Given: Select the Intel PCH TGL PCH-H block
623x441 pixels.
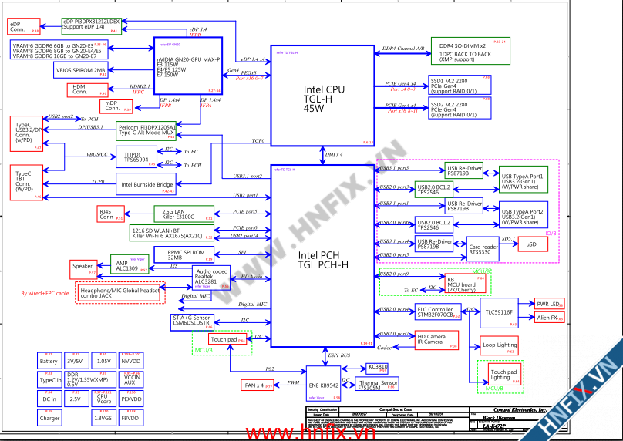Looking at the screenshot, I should [x=323, y=258].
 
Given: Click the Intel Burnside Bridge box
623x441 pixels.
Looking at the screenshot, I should [x=147, y=184].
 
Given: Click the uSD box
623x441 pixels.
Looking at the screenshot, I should [x=531, y=244].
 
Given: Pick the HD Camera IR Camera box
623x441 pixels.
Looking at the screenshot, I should [x=436, y=339].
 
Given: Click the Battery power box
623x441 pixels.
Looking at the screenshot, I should [x=49, y=361].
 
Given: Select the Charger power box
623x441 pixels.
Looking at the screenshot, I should [x=49, y=418].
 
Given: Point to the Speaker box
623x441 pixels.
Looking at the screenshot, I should [x=83, y=266].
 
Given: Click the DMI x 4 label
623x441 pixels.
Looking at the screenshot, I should [x=334, y=155].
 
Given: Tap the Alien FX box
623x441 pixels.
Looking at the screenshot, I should [x=550, y=318].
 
